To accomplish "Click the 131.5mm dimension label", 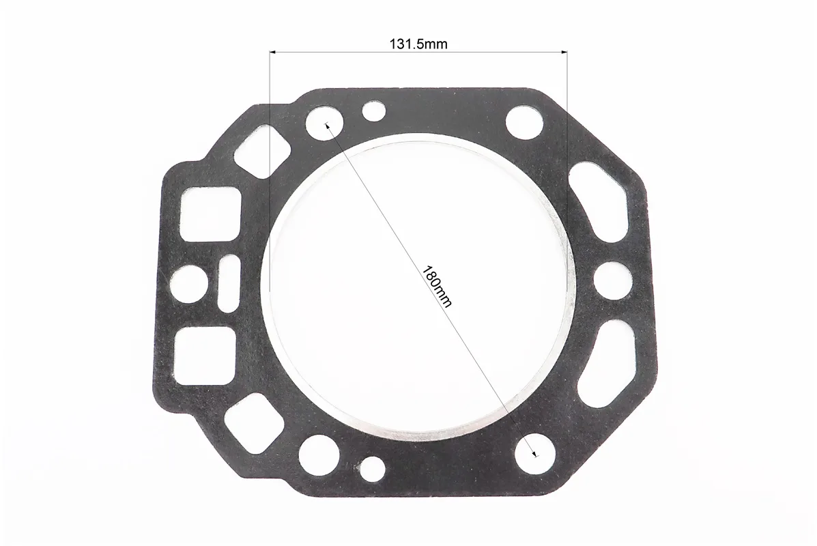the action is (418, 44).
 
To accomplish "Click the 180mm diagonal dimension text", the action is (437, 287).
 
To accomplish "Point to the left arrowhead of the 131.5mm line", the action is (272, 52).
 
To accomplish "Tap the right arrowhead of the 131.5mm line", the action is (563, 52).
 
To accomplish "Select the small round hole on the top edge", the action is (374, 111).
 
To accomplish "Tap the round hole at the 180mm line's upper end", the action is (325, 125).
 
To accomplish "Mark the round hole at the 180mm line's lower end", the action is (534, 452).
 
